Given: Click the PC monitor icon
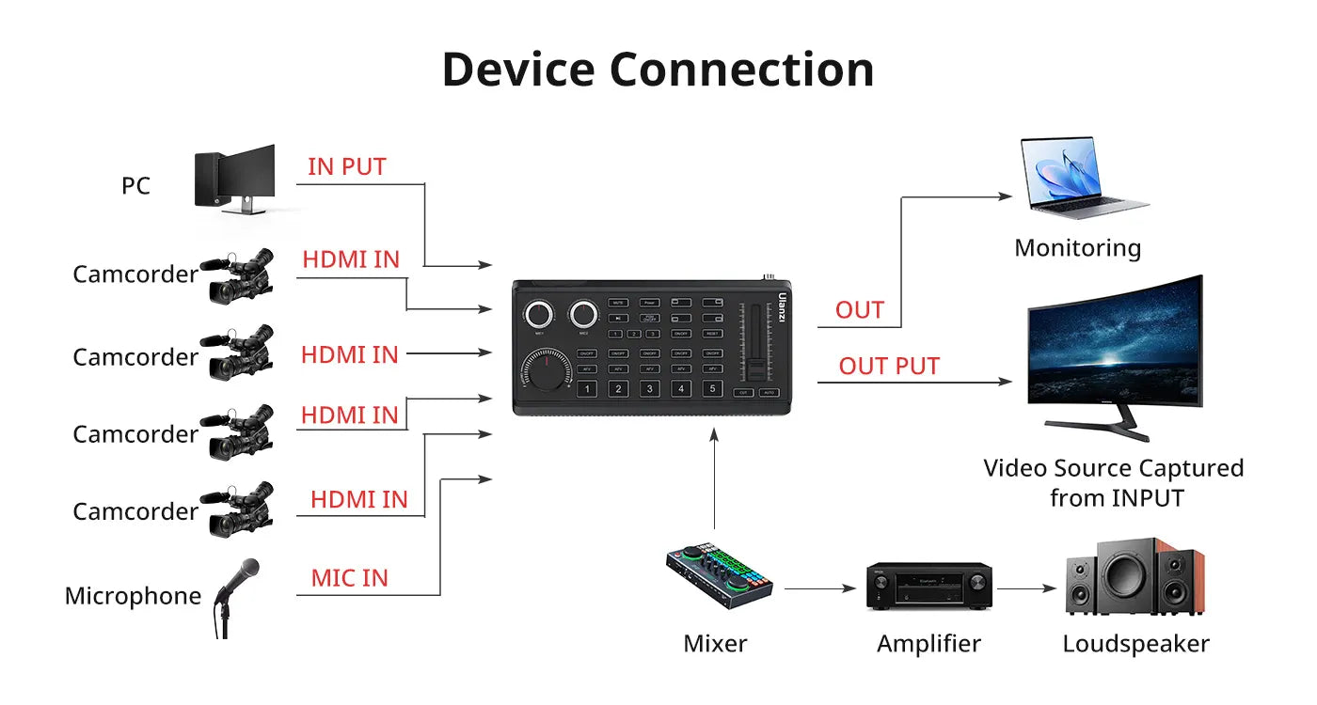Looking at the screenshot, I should tap(235, 179).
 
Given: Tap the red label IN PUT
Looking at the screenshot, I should tap(346, 167).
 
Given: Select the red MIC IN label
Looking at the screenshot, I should tap(349, 578).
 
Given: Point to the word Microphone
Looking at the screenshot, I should tap(133, 596).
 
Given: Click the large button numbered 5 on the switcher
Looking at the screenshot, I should tap(713, 388).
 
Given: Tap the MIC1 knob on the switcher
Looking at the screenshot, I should tap(540, 314).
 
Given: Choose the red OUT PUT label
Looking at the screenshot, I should tap(889, 367).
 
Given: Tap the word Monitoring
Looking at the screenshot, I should tap(1077, 248).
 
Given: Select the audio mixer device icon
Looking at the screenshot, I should tap(719, 572).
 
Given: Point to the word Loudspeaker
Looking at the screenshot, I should tap(1135, 644).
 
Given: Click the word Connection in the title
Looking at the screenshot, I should tap(741, 70).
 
